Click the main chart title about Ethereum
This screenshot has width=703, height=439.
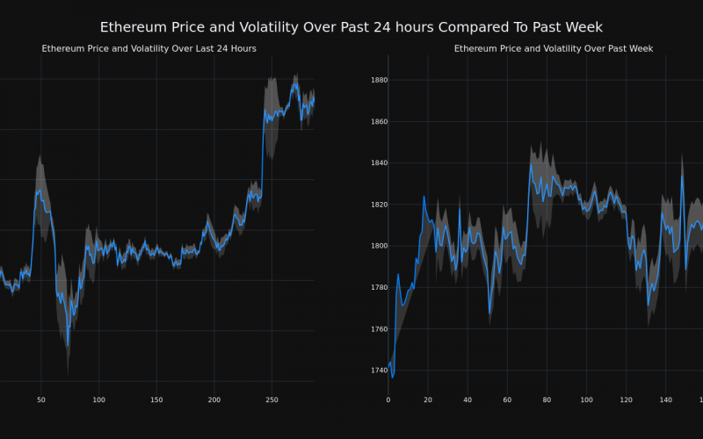pos(351,28)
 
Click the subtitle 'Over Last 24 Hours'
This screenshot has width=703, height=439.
pos(149,49)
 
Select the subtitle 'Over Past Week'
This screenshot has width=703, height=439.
pos(554,49)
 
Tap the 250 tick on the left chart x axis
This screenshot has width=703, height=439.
pos(272,399)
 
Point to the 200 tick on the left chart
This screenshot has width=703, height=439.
pos(214,399)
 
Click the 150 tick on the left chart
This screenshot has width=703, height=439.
pos(156,399)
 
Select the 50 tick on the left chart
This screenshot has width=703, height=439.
pos(41,399)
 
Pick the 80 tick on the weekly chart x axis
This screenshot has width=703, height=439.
pos(547,399)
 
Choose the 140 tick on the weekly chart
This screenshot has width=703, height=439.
pos(665,399)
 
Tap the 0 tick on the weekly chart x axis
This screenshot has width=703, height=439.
pos(388,399)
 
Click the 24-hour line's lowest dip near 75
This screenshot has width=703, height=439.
pos(67,345)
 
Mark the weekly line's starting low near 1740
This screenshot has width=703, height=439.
pos(392,377)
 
